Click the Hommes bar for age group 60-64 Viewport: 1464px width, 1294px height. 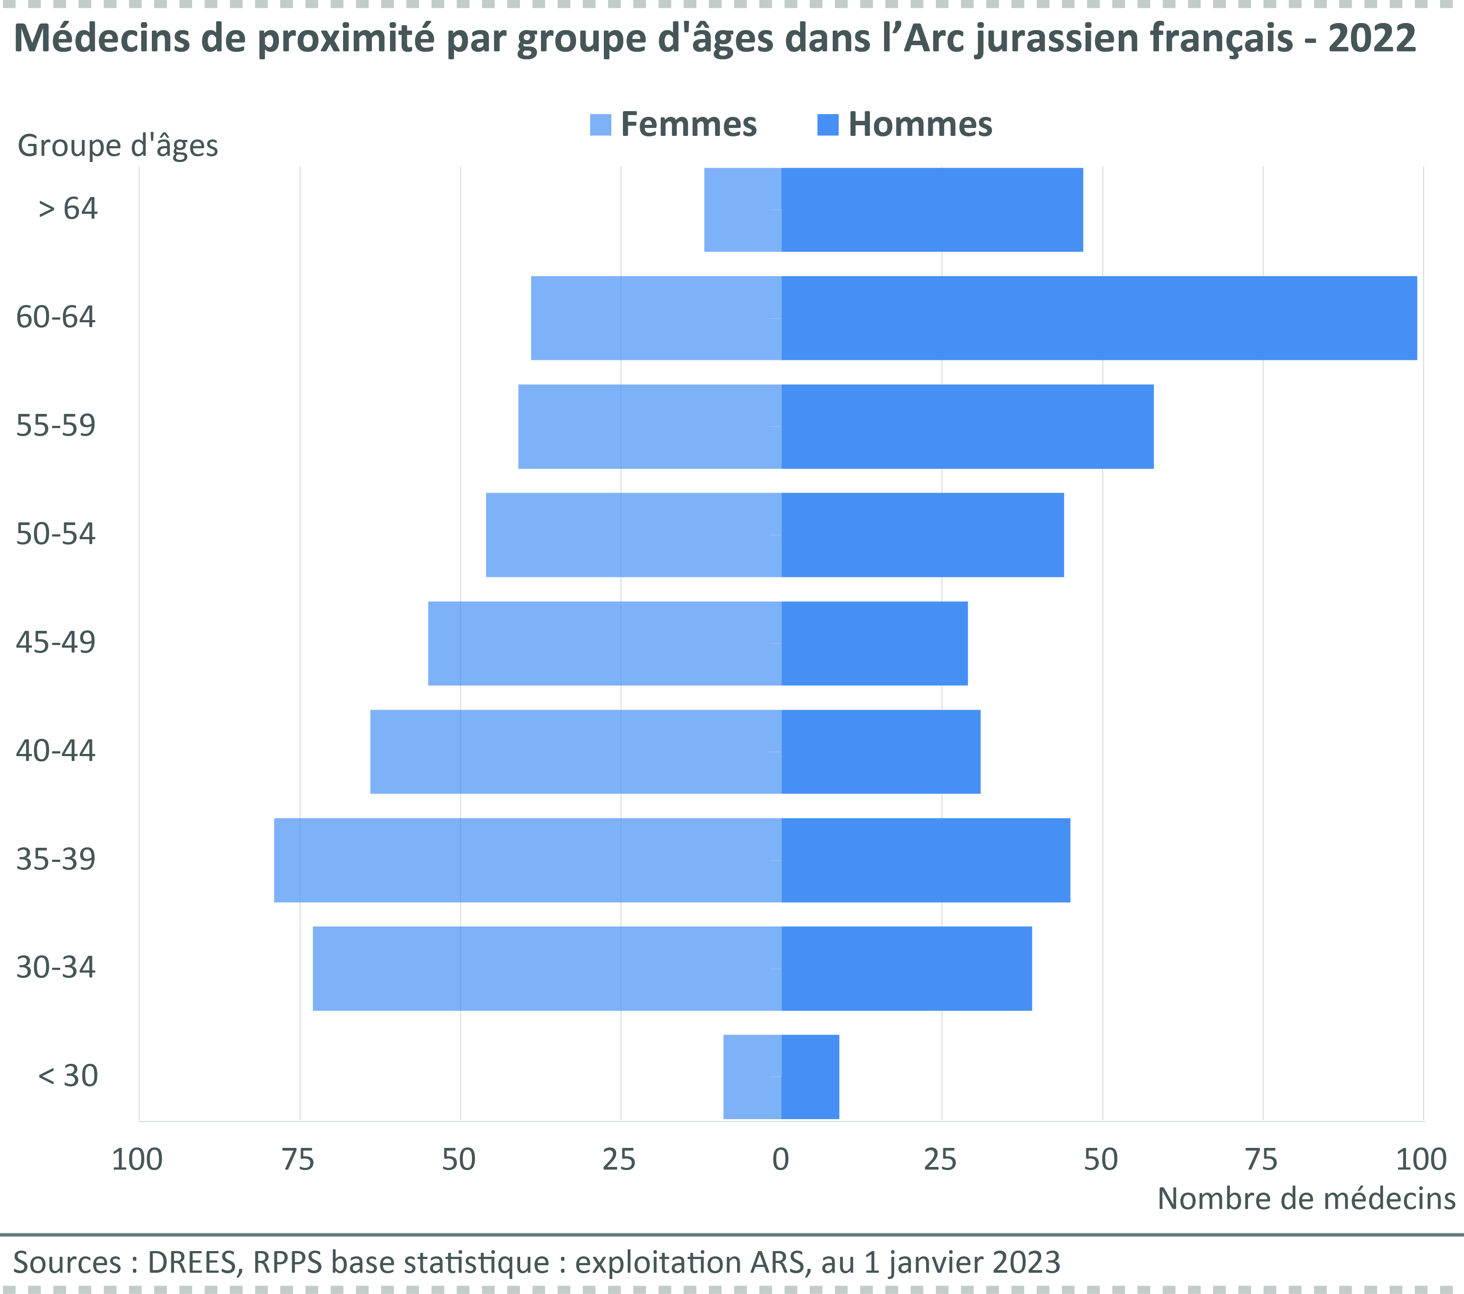(1099, 318)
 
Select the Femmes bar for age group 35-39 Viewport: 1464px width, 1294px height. (527, 860)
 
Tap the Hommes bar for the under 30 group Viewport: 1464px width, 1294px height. (810, 1076)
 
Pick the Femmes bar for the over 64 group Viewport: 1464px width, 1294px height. (743, 210)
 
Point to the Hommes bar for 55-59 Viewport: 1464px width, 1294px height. (967, 427)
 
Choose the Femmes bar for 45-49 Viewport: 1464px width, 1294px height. (605, 643)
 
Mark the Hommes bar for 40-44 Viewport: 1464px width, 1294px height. (880, 752)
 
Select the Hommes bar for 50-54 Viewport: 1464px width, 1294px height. (923, 535)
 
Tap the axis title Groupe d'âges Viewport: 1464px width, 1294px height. (117, 146)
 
